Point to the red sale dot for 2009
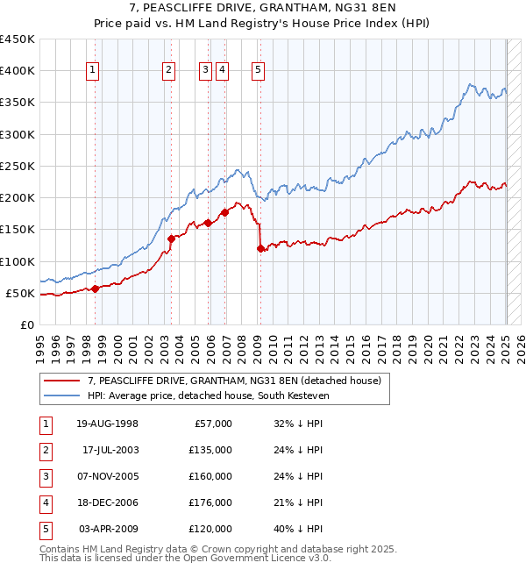[x=260, y=249]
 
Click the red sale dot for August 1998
[x=96, y=289]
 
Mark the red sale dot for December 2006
[x=225, y=212]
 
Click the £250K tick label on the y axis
[x=18, y=166]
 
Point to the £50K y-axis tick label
[x=21, y=293]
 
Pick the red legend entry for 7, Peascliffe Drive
[x=233, y=381]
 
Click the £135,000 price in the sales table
[x=211, y=450]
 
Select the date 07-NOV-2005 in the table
[x=108, y=476]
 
